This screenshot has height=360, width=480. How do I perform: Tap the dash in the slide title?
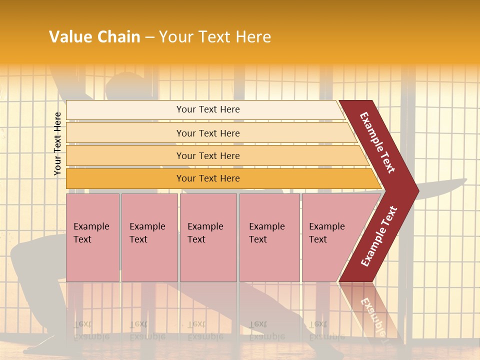click(149, 37)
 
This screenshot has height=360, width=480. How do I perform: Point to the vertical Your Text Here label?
click(57, 143)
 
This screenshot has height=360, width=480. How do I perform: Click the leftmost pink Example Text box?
click(92, 237)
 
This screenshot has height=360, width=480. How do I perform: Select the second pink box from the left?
click(149, 237)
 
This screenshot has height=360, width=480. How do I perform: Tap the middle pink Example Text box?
click(208, 237)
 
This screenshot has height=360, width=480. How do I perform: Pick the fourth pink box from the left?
click(269, 237)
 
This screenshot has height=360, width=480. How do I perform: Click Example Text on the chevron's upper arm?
click(377, 142)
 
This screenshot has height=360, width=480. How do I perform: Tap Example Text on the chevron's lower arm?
click(379, 236)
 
